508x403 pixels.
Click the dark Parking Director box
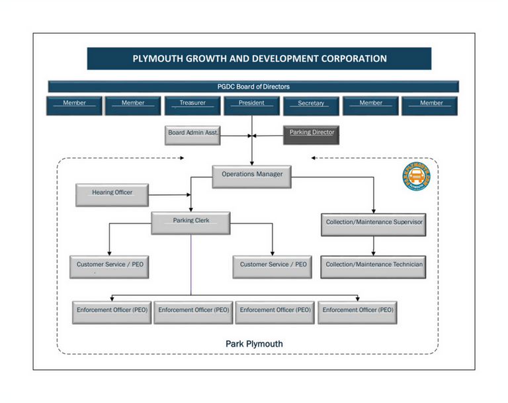pos(312,134)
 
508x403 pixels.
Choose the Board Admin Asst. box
pos(192,134)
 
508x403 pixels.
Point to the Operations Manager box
pos(252,175)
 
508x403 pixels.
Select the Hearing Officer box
pos(112,194)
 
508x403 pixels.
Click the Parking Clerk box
pos(191,222)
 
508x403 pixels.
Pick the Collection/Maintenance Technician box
pos(374,266)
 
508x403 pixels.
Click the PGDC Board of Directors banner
pos(253,87)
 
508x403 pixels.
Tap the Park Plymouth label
pos(254,343)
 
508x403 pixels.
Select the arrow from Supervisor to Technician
pos(374,246)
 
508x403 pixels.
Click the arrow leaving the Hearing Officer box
pos(171,195)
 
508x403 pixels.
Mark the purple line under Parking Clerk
pos(191,265)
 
